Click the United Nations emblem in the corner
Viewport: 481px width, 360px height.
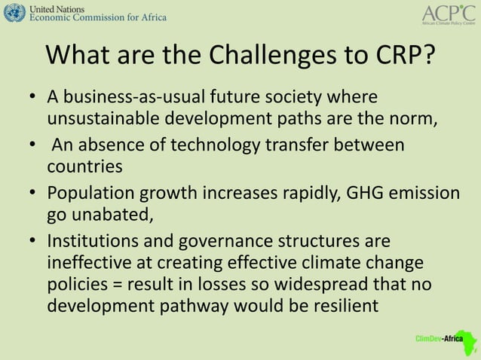(14, 13)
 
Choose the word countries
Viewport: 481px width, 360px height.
(84, 165)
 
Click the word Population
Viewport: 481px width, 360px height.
(90, 192)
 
